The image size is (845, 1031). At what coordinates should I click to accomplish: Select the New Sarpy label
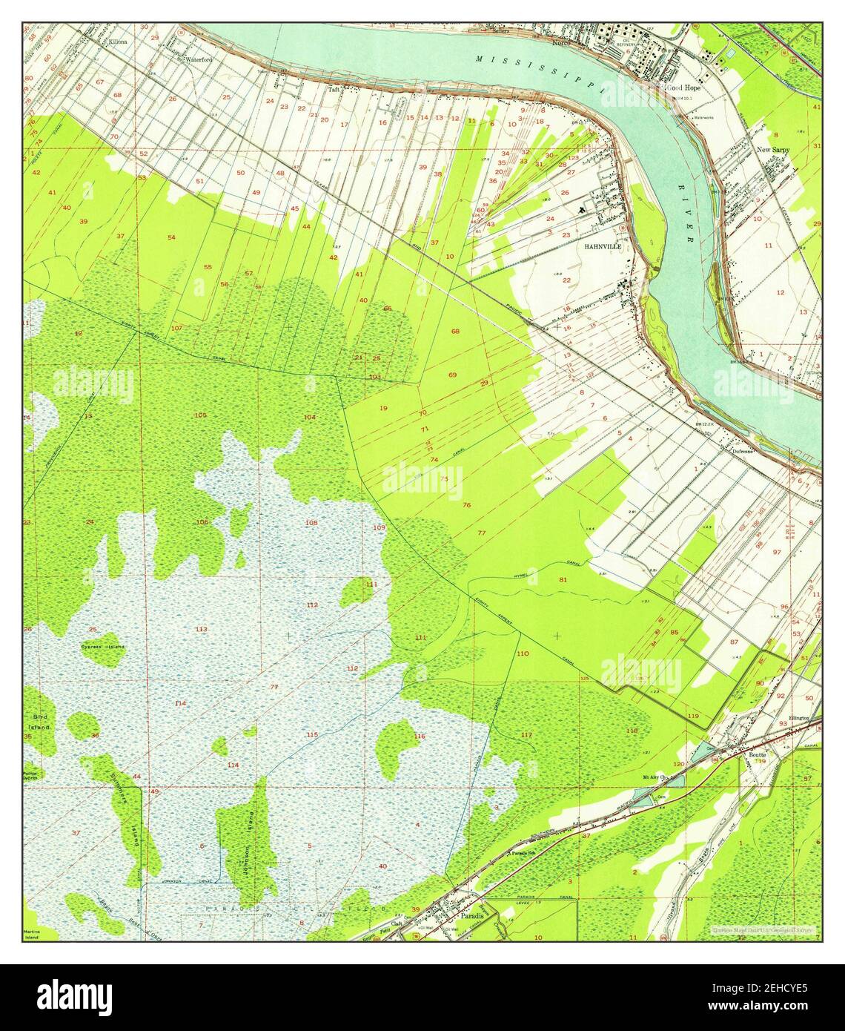[x=772, y=149]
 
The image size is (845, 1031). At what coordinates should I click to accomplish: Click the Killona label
[x=117, y=42]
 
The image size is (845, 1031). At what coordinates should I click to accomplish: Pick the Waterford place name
[x=199, y=59]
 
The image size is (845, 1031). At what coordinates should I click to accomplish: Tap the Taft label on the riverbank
[x=334, y=88]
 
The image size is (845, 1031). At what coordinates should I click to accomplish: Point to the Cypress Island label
[x=103, y=647]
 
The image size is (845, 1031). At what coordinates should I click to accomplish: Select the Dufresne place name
[x=743, y=450]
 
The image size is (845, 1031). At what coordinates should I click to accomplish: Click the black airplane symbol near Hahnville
[x=582, y=210]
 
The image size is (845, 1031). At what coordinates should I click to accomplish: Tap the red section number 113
[x=201, y=629]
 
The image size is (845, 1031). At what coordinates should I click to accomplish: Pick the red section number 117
[x=526, y=734]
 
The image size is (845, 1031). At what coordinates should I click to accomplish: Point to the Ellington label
[x=799, y=718]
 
